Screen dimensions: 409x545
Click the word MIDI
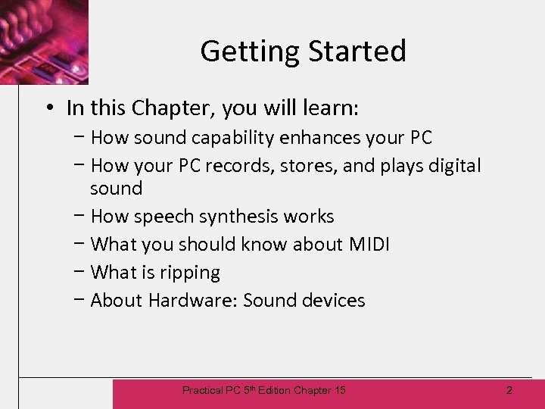(369, 244)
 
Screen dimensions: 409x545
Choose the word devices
(333, 301)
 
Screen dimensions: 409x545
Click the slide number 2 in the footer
(509, 390)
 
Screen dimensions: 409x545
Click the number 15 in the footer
(339, 390)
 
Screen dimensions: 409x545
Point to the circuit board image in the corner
(43, 41)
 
